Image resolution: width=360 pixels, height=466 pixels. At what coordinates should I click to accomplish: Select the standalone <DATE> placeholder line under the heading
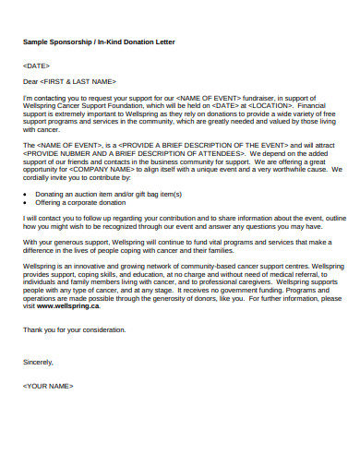coord(36,66)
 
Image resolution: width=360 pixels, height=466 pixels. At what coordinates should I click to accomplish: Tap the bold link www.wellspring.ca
coord(68,305)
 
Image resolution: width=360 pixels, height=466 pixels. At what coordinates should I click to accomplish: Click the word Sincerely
coord(38,363)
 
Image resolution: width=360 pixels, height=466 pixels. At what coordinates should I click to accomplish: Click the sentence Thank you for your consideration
coord(74,329)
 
